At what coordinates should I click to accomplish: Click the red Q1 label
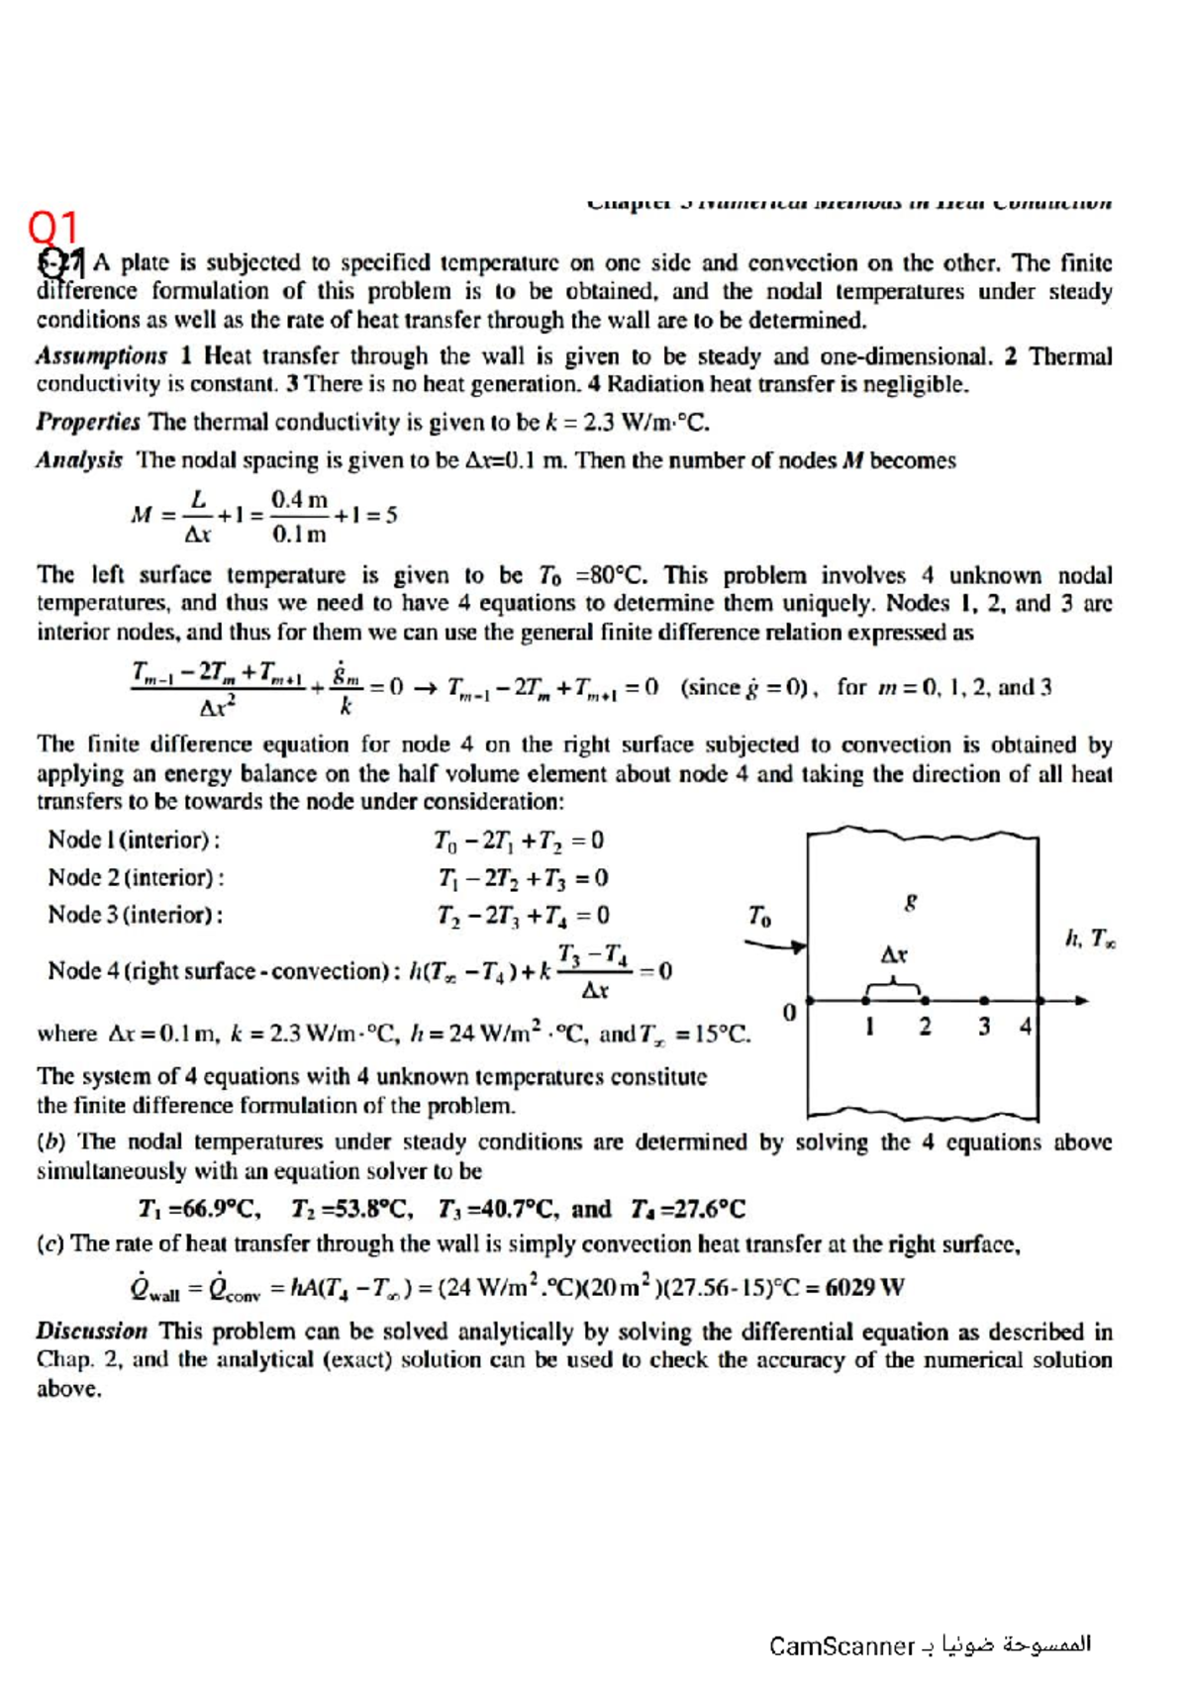[52, 229]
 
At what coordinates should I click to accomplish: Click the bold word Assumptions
[101, 356]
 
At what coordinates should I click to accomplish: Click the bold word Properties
[88, 423]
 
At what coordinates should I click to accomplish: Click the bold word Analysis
[79, 460]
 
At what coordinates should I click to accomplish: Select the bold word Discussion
[91, 1332]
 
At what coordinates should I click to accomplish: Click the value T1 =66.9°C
[199, 1210]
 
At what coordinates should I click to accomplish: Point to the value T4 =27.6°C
[687, 1210]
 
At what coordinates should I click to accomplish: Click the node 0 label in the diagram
[789, 1013]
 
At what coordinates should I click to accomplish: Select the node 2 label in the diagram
[925, 1027]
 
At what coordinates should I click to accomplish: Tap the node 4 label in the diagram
[1026, 1027]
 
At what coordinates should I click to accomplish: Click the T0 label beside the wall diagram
[759, 917]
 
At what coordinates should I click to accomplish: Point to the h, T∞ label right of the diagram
[1090, 938]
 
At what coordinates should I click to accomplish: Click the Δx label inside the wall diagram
[894, 955]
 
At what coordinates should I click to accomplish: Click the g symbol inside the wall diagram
[911, 901]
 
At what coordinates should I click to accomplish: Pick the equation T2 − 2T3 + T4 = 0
[523, 916]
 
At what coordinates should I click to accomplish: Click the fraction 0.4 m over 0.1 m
[299, 517]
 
